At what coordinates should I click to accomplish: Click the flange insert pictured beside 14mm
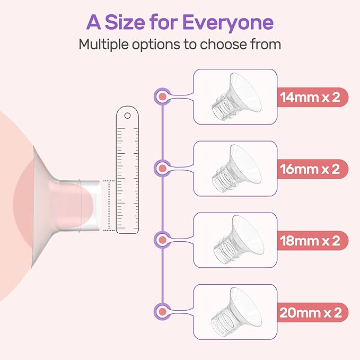click(236, 95)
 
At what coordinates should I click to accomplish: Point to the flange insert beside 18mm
click(236, 239)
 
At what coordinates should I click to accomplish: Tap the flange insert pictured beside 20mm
click(236, 311)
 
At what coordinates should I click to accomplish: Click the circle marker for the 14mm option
click(162, 97)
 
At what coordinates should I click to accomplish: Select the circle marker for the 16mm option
click(162, 169)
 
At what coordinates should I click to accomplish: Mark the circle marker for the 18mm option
click(162, 240)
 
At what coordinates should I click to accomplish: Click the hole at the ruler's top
click(127, 115)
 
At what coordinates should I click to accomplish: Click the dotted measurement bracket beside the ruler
click(109, 205)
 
